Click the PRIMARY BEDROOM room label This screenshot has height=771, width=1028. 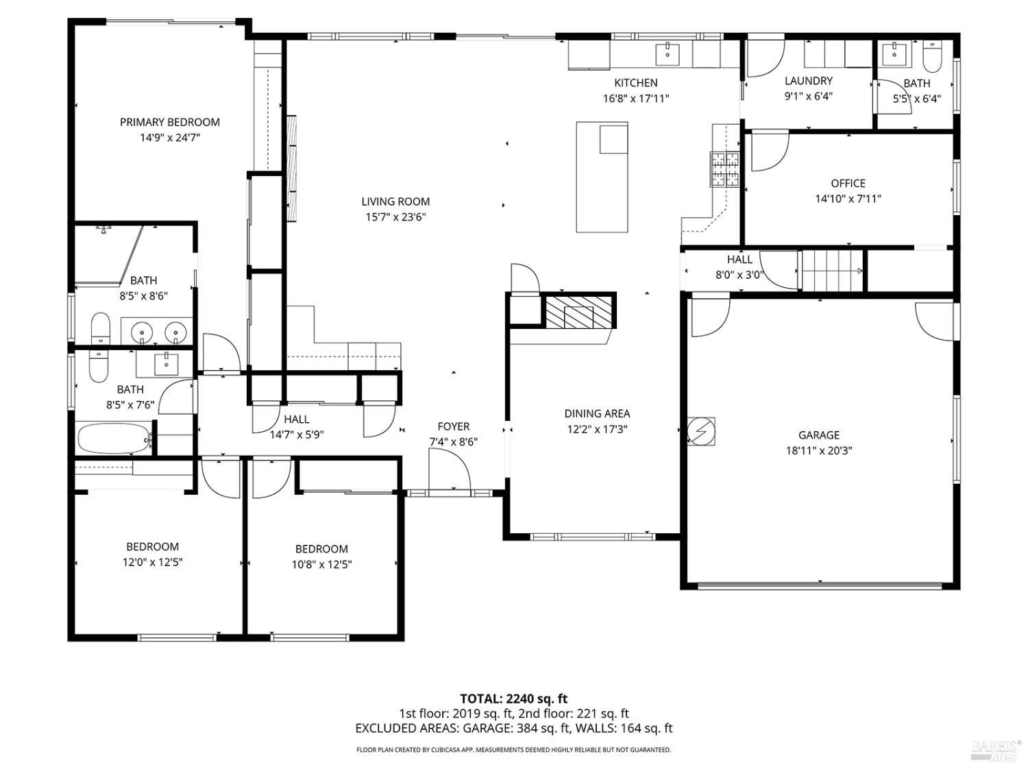pyautogui.click(x=169, y=122)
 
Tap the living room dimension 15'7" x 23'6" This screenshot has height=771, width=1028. pyautogui.click(x=395, y=217)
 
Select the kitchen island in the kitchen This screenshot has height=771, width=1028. pyautogui.click(x=602, y=178)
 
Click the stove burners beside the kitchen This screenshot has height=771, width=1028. pyautogui.click(x=724, y=169)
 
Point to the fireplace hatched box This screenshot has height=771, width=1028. pyautogui.click(x=578, y=313)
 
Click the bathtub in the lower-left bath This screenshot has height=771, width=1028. pyautogui.click(x=114, y=439)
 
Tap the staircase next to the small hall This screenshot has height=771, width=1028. pyautogui.click(x=831, y=270)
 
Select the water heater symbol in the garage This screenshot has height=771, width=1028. pyautogui.click(x=701, y=431)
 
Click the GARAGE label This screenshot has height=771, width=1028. pyautogui.click(x=818, y=435)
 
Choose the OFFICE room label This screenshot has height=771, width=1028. pyautogui.click(x=848, y=183)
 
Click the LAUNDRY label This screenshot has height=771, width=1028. pyautogui.click(x=808, y=81)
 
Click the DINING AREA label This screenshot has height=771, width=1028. pyautogui.click(x=597, y=413)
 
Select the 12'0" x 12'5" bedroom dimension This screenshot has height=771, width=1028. pyautogui.click(x=152, y=562)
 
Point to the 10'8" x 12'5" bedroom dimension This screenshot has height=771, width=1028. pyautogui.click(x=321, y=564)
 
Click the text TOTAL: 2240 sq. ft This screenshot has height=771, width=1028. pyautogui.click(x=513, y=698)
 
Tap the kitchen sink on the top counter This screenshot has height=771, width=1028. pyautogui.click(x=665, y=52)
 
